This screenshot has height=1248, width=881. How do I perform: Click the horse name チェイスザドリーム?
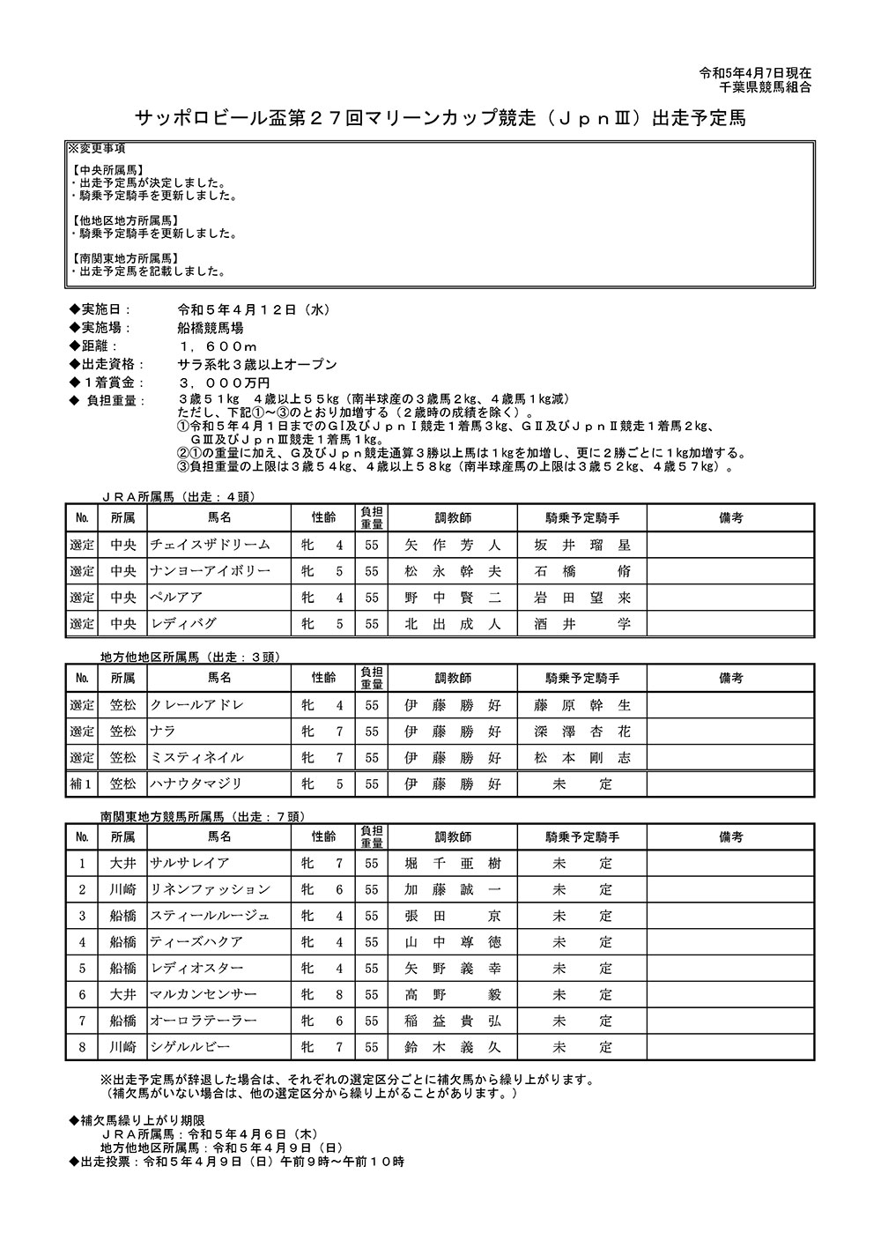click(x=210, y=545)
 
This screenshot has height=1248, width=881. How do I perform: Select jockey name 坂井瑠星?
click(x=582, y=545)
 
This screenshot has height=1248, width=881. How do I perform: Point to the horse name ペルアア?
click(x=176, y=598)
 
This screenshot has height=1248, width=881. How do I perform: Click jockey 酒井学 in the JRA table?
click(x=582, y=624)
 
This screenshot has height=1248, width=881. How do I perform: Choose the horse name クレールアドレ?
click(x=196, y=705)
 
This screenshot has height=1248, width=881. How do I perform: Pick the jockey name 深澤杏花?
click(x=582, y=732)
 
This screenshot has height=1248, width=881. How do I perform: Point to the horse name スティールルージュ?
click(x=210, y=917)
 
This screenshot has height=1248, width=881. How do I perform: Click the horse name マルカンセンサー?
click(x=204, y=995)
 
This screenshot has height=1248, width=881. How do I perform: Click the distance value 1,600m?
click(x=218, y=346)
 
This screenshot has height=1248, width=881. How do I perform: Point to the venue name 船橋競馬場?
click(x=210, y=328)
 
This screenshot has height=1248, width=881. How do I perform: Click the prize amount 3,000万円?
click(x=224, y=383)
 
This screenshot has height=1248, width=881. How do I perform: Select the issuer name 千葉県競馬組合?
click(x=765, y=87)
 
